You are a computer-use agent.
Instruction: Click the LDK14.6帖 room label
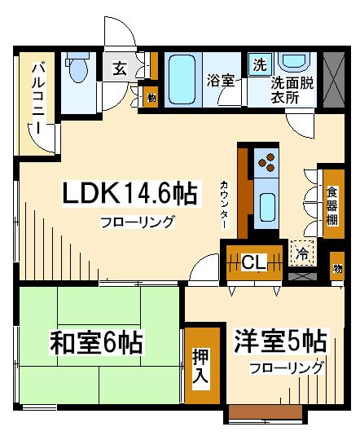point(130,193)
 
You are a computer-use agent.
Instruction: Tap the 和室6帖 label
point(96,343)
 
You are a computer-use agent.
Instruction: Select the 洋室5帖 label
point(280,341)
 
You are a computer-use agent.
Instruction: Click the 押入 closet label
point(201,366)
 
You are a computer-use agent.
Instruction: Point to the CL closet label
point(253,262)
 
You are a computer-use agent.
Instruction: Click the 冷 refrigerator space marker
point(302,253)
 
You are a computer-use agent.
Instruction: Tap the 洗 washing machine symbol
point(260,64)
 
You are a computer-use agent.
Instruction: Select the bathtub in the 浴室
point(182,79)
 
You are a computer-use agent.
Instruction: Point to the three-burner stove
point(266,162)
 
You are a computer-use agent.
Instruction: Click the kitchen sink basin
point(267,207)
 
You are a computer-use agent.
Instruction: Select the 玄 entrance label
point(120,68)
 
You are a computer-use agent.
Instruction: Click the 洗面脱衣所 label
point(292,90)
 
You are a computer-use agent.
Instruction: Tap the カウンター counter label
point(225,205)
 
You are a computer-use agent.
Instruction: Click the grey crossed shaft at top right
point(334,80)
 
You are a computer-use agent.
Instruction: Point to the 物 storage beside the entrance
point(151,98)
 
